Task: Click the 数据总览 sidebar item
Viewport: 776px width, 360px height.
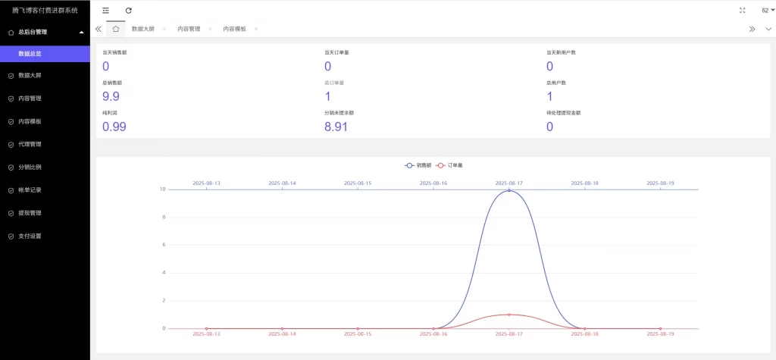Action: point(36,55)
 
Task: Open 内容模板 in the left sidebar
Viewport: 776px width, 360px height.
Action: point(30,121)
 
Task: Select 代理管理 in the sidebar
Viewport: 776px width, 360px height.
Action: point(30,144)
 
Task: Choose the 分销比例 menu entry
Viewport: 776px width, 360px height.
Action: point(30,167)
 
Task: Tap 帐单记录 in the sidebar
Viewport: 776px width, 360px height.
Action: point(30,189)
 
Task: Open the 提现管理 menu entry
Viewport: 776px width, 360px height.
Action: point(30,213)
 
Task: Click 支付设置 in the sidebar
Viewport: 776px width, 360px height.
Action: point(30,236)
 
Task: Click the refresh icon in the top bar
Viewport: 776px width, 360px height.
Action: point(129,10)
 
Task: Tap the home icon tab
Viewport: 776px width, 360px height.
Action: point(115,29)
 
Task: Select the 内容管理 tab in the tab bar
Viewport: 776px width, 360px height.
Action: point(189,29)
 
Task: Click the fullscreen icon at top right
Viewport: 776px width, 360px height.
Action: point(742,10)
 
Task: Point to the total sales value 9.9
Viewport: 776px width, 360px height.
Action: point(111,96)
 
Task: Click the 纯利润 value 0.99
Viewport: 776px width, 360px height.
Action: point(114,127)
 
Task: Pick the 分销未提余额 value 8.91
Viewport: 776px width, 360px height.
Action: point(336,127)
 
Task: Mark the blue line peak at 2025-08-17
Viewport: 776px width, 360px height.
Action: point(509,190)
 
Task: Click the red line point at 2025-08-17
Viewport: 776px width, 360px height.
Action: point(509,315)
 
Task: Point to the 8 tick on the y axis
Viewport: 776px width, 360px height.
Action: point(164,218)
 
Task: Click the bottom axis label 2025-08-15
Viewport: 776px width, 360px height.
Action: point(358,333)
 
